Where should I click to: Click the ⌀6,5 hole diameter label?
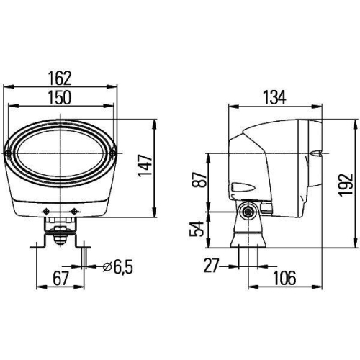point(116,267)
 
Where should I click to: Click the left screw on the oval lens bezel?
point(10,150)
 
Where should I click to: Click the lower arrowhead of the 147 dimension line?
point(155,213)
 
